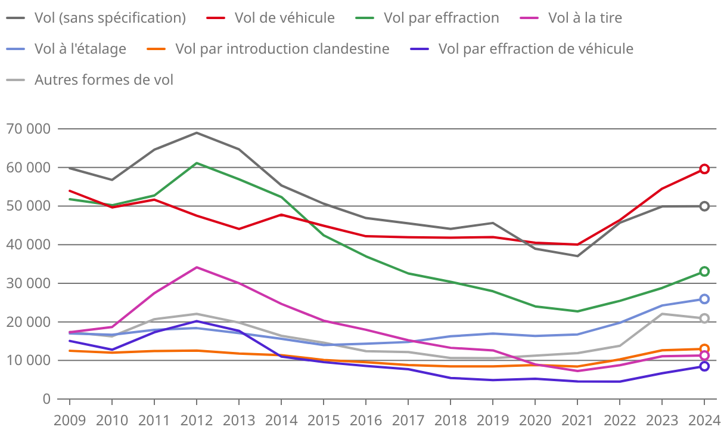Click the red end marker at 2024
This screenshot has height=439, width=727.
point(704,169)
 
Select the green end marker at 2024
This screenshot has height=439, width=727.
point(704,271)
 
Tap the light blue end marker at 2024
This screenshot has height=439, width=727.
point(704,299)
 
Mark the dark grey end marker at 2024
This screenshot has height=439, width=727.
point(704,206)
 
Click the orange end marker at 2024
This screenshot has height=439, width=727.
point(704,349)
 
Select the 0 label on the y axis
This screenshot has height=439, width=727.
point(46,399)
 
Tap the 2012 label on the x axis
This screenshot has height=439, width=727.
point(197,421)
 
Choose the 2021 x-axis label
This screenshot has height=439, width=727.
point(577,421)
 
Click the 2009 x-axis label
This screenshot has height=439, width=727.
point(70,421)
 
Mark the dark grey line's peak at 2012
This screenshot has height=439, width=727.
point(197,132)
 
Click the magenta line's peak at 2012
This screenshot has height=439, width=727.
point(197,267)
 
